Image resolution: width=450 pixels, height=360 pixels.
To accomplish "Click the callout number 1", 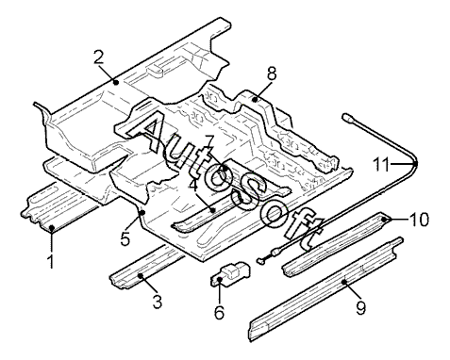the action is click(50, 262).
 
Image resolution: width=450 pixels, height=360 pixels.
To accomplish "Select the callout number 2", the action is click(98, 57).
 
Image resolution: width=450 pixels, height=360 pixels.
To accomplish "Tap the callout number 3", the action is click(157, 302).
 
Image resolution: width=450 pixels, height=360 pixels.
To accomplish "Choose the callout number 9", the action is click(360, 307).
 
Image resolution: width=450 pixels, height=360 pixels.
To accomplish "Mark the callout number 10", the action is click(419, 219).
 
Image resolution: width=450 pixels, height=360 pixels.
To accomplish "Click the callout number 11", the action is click(381, 164).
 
